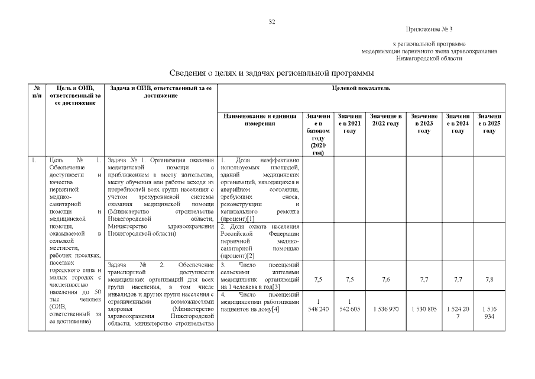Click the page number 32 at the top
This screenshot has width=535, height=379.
coord(272,22)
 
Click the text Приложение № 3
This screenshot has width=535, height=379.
coord(429,29)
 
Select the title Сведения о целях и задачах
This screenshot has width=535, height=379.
coord(271,73)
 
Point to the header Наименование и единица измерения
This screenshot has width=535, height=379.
coord(260,120)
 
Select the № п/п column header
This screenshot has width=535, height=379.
coord(37,92)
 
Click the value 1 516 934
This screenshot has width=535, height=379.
coord(489,313)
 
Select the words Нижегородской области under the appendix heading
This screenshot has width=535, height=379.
coord(429,59)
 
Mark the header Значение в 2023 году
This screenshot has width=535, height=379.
coord(424,123)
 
